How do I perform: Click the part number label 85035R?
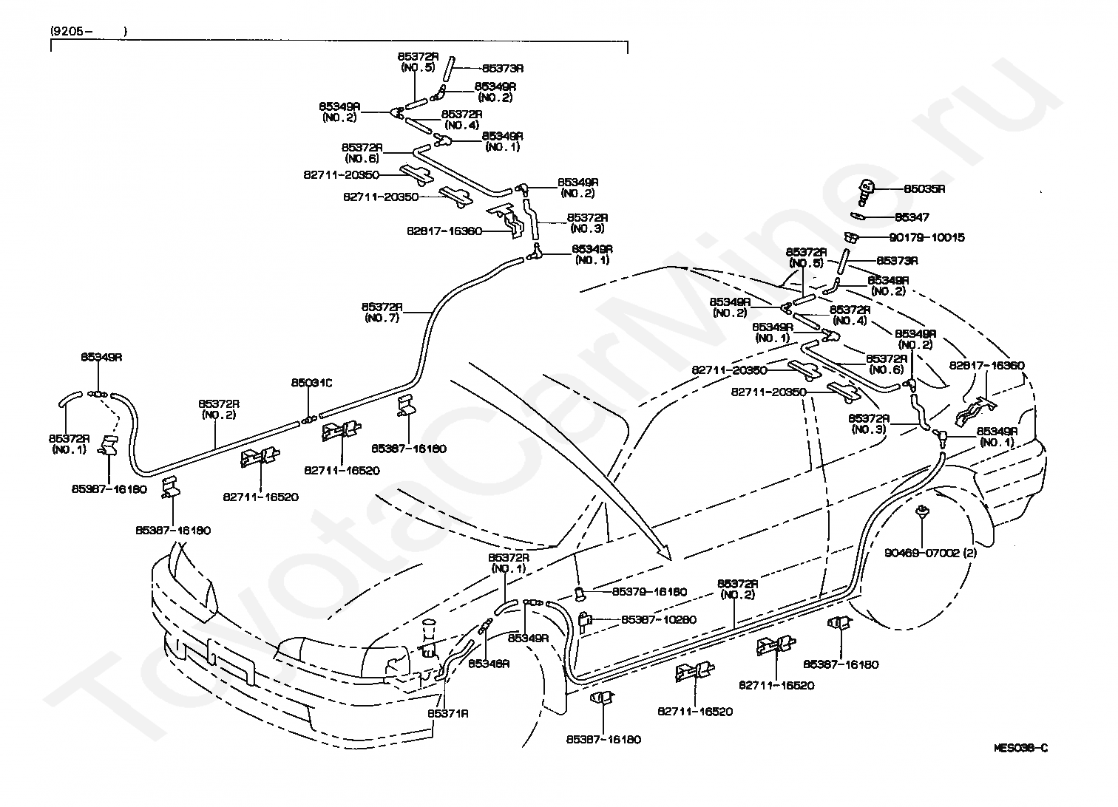pyautogui.click(x=924, y=189)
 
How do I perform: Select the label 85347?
pyautogui.click(x=912, y=218)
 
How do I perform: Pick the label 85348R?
pyautogui.click(x=489, y=664)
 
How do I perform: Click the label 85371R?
pyautogui.click(x=447, y=714)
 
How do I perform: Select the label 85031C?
pyautogui.click(x=311, y=383)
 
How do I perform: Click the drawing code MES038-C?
pyautogui.click(x=1020, y=748)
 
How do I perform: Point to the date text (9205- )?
pyautogui.click(x=88, y=32)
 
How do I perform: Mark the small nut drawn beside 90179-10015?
pyautogui.click(x=852, y=237)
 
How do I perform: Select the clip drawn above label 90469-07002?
pyautogui.click(x=922, y=511)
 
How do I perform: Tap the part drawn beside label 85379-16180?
pyautogui.click(x=581, y=591)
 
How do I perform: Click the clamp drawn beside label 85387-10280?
pyautogui.click(x=585, y=619)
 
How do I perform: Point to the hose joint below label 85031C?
pyautogui.click(x=308, y=421)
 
